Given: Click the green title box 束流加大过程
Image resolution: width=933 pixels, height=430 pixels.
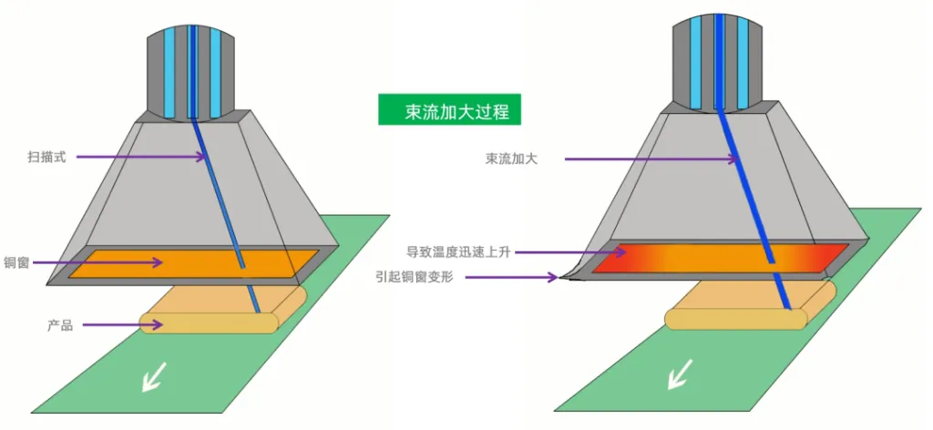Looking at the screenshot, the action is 449,109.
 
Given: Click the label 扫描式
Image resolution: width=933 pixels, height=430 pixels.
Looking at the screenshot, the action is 46,157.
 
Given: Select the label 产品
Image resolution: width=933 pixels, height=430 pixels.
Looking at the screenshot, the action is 60,325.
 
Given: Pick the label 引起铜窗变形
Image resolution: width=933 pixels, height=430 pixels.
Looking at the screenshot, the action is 415,277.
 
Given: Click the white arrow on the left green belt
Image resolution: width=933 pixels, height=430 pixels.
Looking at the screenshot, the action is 155,376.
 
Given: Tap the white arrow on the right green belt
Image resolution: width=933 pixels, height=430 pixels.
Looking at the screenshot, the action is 680,374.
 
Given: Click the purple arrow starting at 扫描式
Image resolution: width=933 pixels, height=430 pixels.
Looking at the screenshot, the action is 142,157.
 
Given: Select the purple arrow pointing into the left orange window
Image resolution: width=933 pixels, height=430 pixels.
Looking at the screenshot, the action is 98,262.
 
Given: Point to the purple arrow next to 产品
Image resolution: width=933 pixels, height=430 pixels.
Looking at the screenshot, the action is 123,324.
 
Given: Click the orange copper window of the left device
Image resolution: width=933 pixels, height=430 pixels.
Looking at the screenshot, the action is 193,263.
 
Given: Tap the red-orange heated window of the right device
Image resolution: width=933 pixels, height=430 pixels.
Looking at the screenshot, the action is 720,258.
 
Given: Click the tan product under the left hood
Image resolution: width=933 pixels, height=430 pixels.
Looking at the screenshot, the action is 224,310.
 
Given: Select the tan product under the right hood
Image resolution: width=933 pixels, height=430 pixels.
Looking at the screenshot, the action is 751,304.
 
